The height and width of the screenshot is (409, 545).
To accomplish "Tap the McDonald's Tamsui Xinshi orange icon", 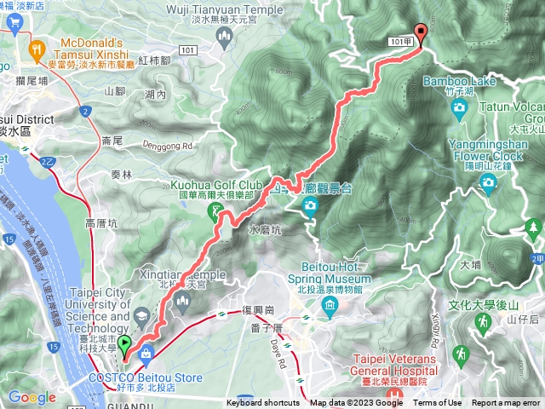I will pos(37,50).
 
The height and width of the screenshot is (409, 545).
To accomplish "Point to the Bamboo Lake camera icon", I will pos(460,107).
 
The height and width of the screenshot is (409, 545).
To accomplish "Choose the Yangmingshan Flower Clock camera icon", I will pos(488,181).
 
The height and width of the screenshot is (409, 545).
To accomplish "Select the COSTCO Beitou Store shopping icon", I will pos(146,353).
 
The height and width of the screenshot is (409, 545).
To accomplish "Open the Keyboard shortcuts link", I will pos(263,403).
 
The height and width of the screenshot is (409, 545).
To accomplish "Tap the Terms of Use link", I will pos(438,403).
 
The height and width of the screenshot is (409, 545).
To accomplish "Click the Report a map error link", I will pos(506,403).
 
